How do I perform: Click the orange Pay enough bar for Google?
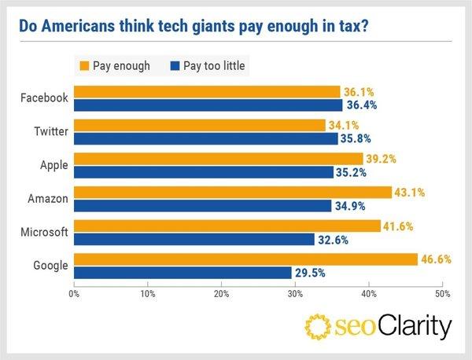pos(245,259)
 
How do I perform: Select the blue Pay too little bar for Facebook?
pos(208,105)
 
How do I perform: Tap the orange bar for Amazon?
pos(233,192)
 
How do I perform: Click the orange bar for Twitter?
pos(199,124)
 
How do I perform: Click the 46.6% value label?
pos(435,259)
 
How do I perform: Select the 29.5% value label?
pos(309,273)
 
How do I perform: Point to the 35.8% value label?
pos(359,138)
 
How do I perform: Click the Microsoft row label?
pos(46,233)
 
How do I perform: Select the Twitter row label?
pos(50,131)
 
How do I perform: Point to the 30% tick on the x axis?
pos(294,294)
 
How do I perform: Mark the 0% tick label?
pos(75,294)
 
